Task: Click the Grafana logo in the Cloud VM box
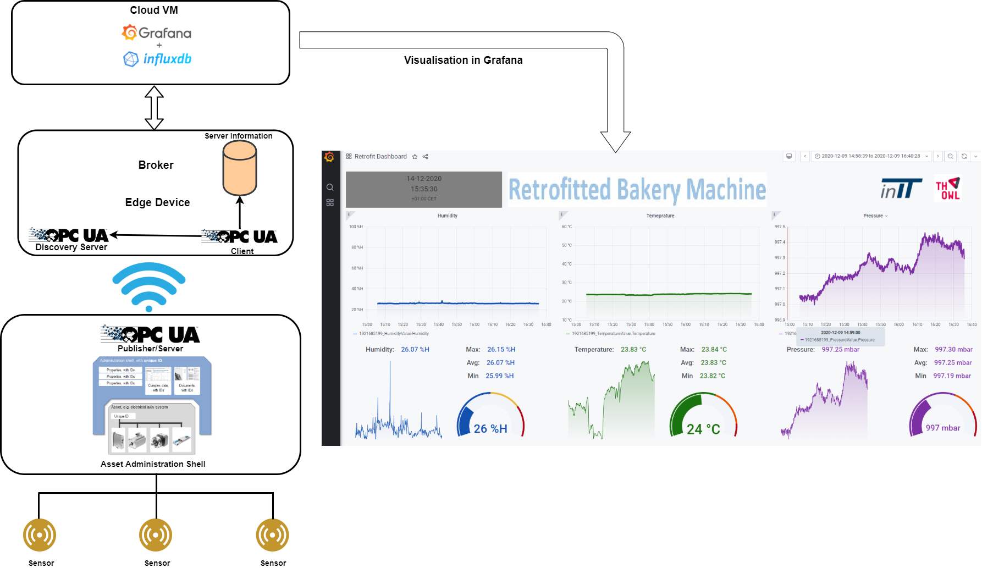click(x=157, y=33)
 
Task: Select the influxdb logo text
click(x=167, y=59)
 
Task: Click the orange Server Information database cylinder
click(x=240, y=168)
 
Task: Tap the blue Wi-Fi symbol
click(x=149, y=286)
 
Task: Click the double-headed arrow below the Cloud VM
click(x=155, y=108)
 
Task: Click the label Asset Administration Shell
click(x=153, y=464)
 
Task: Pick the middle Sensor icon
click(x=156, y=535)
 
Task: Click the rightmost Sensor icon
click(x=273, y=535)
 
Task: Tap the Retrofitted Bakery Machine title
click(x=637, y=190)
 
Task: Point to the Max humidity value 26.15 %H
click(x=501, y=350)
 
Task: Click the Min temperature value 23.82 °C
click(x=712, y=376)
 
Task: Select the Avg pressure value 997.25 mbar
click(x=953, y=363)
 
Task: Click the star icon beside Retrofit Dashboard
click(x=415, y=157)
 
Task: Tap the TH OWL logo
click(x=948, y=189)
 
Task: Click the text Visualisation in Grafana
click(x=463, y=60)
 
